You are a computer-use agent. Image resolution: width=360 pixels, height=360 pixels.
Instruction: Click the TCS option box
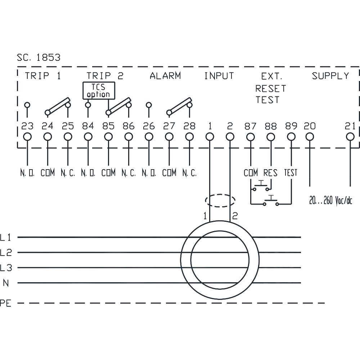pos(99,90)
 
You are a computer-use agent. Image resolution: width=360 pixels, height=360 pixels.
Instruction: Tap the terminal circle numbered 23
pos(27,137)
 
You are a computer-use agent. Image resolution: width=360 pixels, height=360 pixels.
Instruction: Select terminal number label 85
pos(108,126)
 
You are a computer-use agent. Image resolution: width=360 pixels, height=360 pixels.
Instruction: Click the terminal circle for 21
pos(350,137)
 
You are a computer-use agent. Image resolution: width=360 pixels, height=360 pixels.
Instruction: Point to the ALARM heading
pos(165,76)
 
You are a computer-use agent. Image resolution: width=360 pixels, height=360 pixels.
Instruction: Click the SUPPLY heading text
pos(330,76)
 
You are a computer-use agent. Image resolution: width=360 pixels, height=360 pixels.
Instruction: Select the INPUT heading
pos(219,76)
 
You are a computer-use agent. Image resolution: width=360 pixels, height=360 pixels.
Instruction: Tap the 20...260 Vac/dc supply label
pos(330,201)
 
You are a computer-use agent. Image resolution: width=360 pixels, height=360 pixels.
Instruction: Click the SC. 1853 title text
pos(39,58)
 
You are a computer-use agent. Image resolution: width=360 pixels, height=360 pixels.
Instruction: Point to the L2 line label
pos(6,253)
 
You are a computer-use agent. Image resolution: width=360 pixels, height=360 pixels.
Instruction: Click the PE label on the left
pos(6,303)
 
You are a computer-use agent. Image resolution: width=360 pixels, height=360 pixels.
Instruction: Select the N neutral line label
pos(6,283)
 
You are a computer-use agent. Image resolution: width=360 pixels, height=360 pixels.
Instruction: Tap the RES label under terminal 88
pos(270,173)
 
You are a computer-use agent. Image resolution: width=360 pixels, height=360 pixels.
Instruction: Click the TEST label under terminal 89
pos(291,173)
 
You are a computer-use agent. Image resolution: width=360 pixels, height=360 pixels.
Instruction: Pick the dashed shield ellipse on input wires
pos(220,200)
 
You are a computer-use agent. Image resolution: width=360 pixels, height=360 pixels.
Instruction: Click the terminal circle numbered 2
pos(230,137)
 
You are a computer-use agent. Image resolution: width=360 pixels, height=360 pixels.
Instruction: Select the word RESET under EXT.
pos(271,89)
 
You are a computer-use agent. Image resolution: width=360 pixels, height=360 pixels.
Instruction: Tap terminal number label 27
pos(169,126)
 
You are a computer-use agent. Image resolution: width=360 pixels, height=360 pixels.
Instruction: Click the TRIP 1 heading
pos(43,76)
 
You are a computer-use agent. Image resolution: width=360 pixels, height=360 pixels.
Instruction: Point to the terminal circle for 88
pos(271,137)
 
